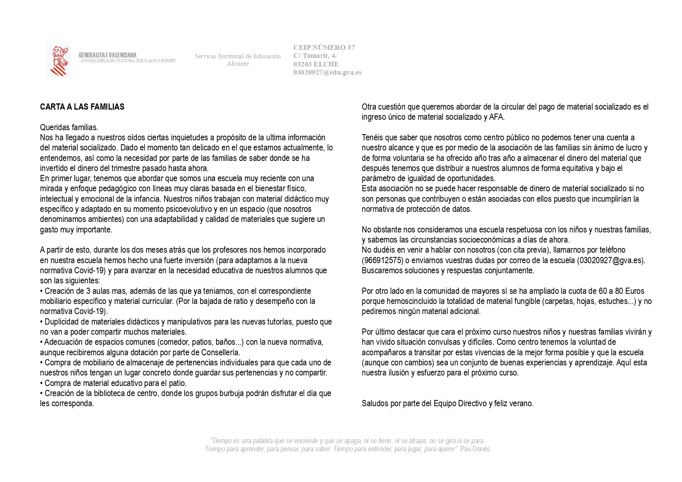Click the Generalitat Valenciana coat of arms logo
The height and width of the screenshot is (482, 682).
coord(58,59)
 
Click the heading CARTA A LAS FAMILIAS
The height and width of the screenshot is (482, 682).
coord(82,107)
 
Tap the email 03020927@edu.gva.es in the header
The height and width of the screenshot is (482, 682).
coord(327,72)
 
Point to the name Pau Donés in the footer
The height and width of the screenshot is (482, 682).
coord(475,449)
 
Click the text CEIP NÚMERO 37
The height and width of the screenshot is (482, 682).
coord(324,47)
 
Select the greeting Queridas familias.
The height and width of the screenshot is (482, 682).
coord(69,127)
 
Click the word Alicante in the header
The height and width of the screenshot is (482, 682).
coord(238,64)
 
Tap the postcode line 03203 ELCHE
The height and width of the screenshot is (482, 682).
coord(316,64)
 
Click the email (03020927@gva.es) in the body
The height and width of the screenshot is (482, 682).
coord(610,260)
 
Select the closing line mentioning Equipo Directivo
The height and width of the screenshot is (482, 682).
coord(447,403)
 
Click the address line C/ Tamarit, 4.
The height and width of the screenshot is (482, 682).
coord(315,56)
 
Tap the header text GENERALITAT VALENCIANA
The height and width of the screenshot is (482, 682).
coord(108,55)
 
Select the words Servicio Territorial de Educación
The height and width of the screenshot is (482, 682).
coord(237,56)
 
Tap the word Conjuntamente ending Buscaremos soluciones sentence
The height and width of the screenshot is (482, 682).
coord(508,271)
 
